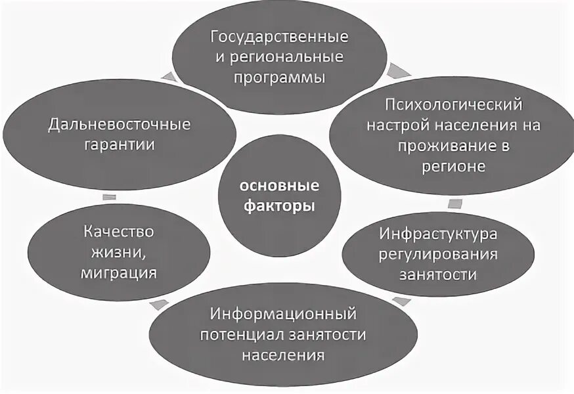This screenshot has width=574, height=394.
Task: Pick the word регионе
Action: (454, 167)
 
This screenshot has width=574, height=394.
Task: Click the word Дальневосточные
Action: (119, 123)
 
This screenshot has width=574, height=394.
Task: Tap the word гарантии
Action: (119, 145)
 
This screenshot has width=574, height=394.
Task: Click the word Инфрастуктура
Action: (439, 232)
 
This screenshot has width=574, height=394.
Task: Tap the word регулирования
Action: (439, 253)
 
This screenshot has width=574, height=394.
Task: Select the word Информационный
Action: (283, 313)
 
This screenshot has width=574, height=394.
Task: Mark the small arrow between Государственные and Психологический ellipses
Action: (396, 69)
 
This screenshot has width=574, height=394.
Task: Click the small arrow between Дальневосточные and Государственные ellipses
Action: (169, 77)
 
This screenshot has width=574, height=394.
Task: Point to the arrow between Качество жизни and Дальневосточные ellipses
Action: (110, 196)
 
